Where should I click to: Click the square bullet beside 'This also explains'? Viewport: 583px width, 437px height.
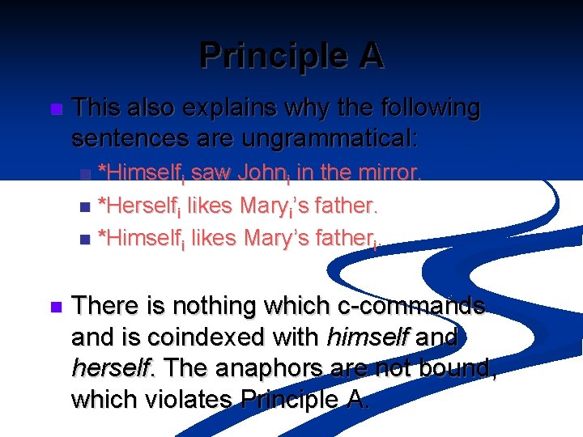coord(55,109)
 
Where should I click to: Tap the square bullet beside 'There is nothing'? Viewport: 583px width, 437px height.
coord(55,308)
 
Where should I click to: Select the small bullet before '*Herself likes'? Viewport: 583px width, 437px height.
coord(87,207)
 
